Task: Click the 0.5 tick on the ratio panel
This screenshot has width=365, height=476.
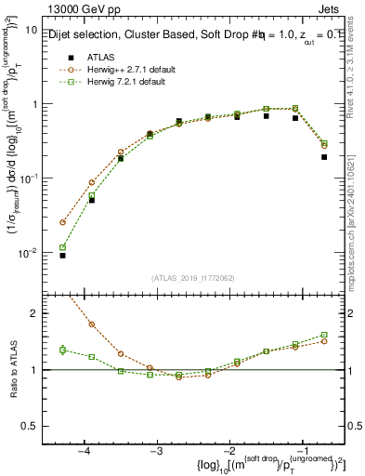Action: (29, 426)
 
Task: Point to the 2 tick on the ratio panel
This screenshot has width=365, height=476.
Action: (33, 314)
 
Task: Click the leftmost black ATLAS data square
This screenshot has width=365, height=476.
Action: (62, 255)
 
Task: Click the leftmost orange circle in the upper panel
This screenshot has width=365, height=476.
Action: (62, 222)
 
